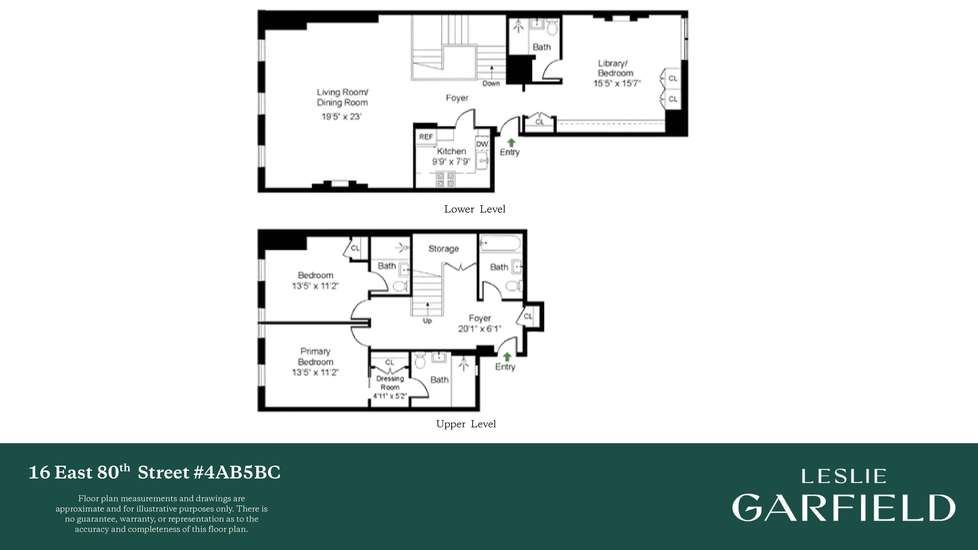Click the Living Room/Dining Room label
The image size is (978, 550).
pos(342,97)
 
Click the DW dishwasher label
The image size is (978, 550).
pos(482,144)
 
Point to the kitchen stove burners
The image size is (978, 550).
pos(445,180)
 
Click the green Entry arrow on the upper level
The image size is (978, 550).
pos(507,357)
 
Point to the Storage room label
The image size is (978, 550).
pos(443,249)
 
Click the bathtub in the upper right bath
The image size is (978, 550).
pos(499,243)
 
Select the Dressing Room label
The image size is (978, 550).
pos(390,383)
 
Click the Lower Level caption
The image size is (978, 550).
pos(474,209)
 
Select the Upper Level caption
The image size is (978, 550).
pos(466,424)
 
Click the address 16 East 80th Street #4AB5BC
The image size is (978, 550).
pos(155,473)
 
